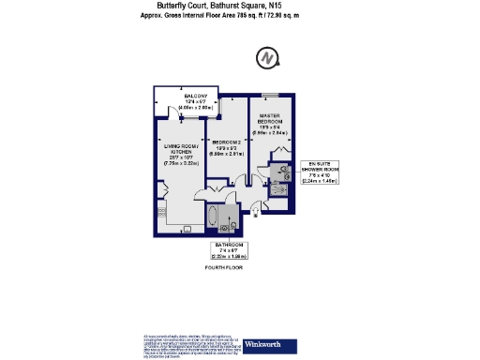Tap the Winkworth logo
(x=266, y=344)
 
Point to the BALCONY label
(x=196, y=97)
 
